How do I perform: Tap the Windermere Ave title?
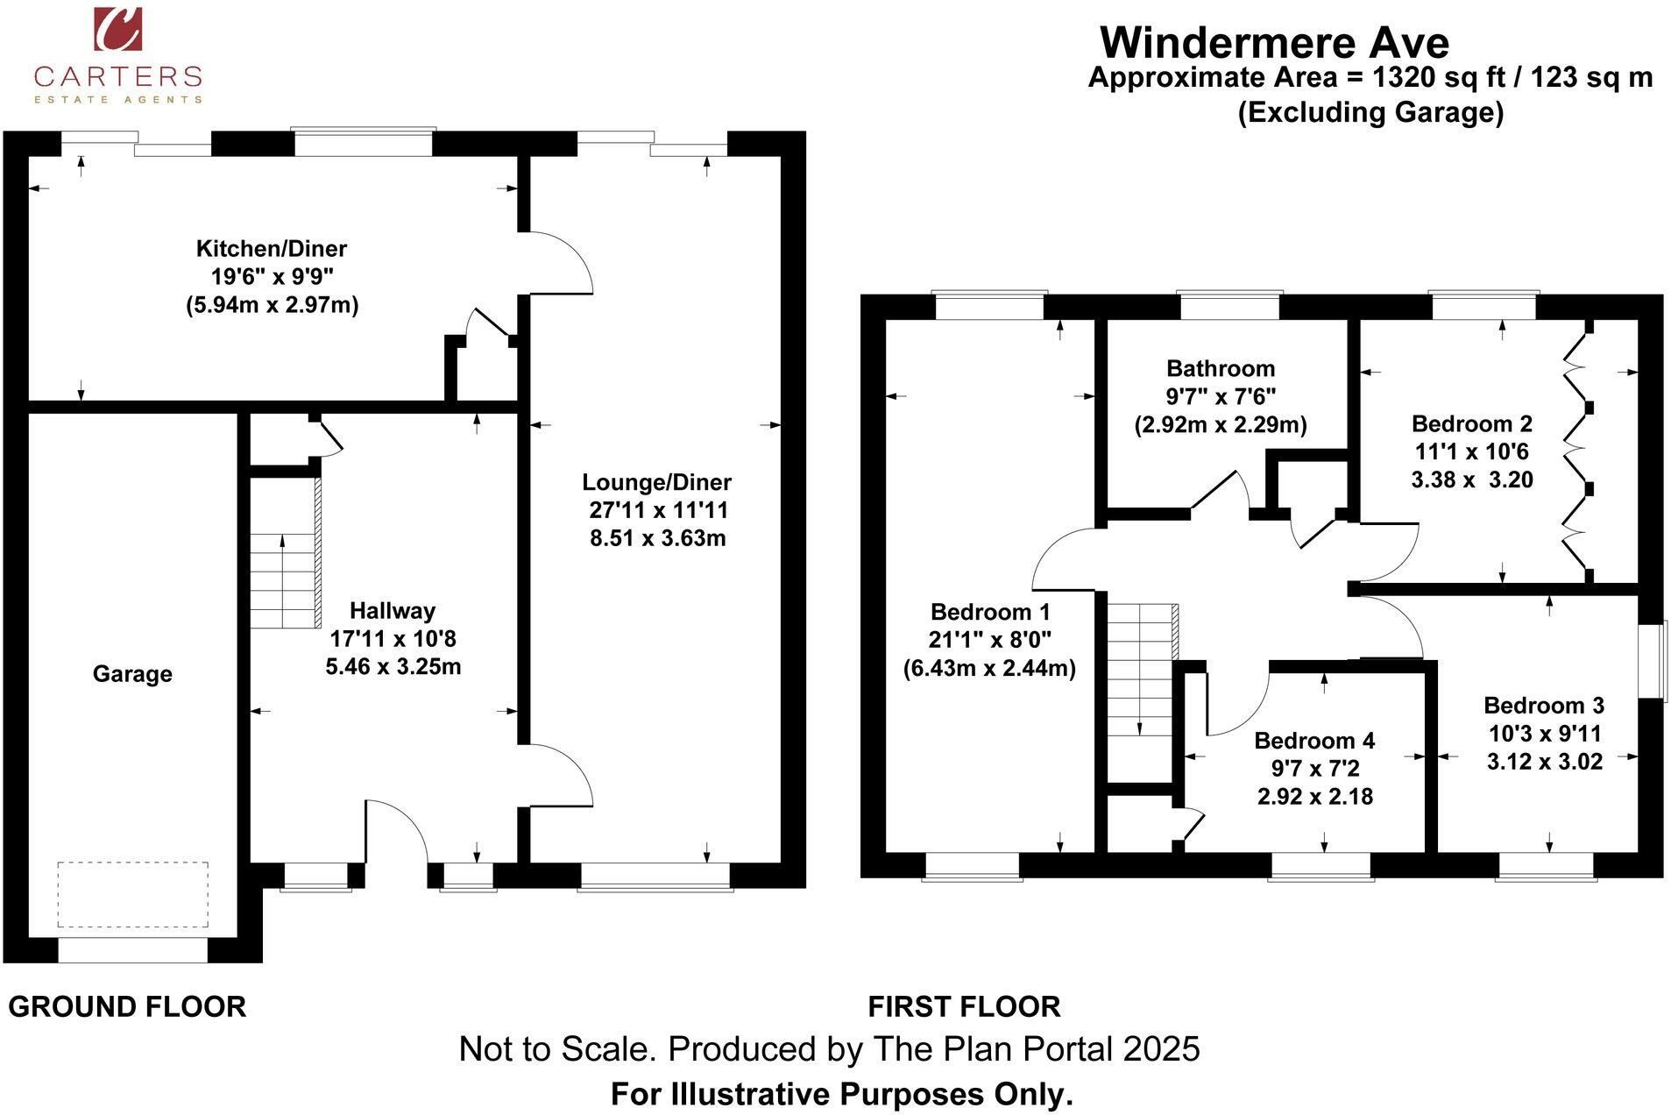pos(1274,42)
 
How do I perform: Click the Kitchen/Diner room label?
pos(272,248)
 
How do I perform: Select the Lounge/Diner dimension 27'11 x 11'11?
pos(658,510)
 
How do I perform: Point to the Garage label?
pos(132,674)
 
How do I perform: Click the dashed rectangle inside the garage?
pos(133,894)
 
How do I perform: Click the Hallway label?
pos(393,611)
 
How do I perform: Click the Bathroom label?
pos(1221,368)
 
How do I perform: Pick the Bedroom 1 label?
pos(990,612)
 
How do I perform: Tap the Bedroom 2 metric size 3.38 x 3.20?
pos(1472,479)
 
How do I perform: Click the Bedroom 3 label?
pos(1544,705)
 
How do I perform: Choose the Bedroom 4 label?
pos(1314,741)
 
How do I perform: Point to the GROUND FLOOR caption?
pos(127,1006)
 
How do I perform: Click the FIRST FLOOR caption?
pos(964,1006)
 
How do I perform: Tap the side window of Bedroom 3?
pos(1654,662)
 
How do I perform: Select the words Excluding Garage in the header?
pos(1370,113)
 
